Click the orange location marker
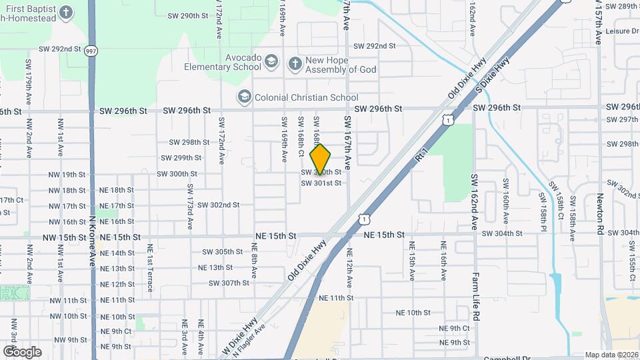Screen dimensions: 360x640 click(x=321, y=159)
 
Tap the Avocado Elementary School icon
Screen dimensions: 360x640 click(x=271, y=63)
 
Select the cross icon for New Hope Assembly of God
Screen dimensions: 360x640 click(x=295, y=64)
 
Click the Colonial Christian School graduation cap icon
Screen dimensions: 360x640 click(x=244, y=97)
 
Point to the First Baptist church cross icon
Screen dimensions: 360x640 click(x=66, y=12)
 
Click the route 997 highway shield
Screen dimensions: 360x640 click(x=91, y=51)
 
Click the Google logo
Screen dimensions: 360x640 click(x=22, y=352)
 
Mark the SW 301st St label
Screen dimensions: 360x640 click(x=321, y=183)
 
